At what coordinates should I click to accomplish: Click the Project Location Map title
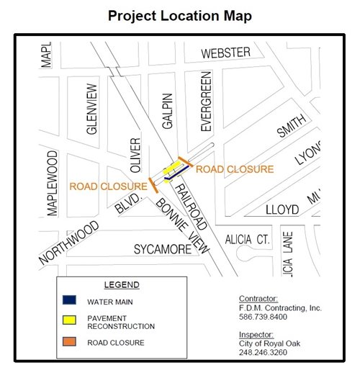click(180, 15)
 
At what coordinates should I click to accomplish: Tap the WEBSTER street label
click(225, 53)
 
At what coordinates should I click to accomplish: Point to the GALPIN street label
click(168, 110)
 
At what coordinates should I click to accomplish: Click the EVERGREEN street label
click(207, 101)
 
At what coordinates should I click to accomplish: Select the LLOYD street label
click(282, 210)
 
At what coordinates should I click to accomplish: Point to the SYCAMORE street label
click(163, 249)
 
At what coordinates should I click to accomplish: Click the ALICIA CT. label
click(246, 238)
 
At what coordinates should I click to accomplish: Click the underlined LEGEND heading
click(121, 284)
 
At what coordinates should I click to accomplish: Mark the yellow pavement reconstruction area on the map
click(172, 169)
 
